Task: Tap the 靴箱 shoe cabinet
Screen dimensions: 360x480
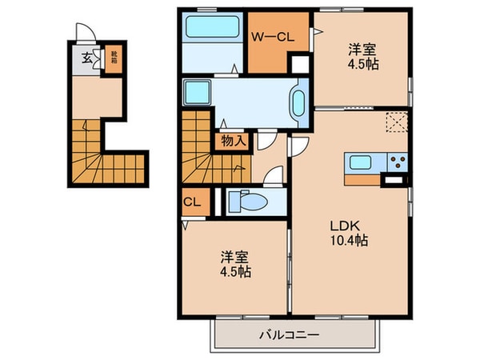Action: [114, 59]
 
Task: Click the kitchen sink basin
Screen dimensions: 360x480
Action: [359, 163]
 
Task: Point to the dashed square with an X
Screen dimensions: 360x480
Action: [395, 122]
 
